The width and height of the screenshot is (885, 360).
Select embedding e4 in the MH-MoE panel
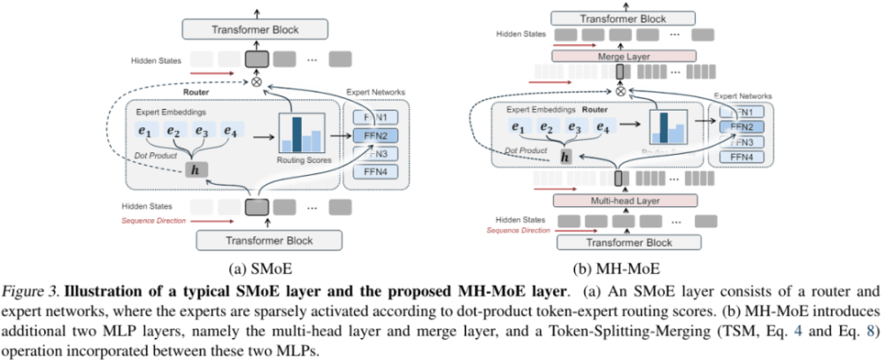[x=603, y=126]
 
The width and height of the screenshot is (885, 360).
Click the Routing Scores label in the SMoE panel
[x=300, y=160]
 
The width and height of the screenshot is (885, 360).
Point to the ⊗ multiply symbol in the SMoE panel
[x=257, y=80]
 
